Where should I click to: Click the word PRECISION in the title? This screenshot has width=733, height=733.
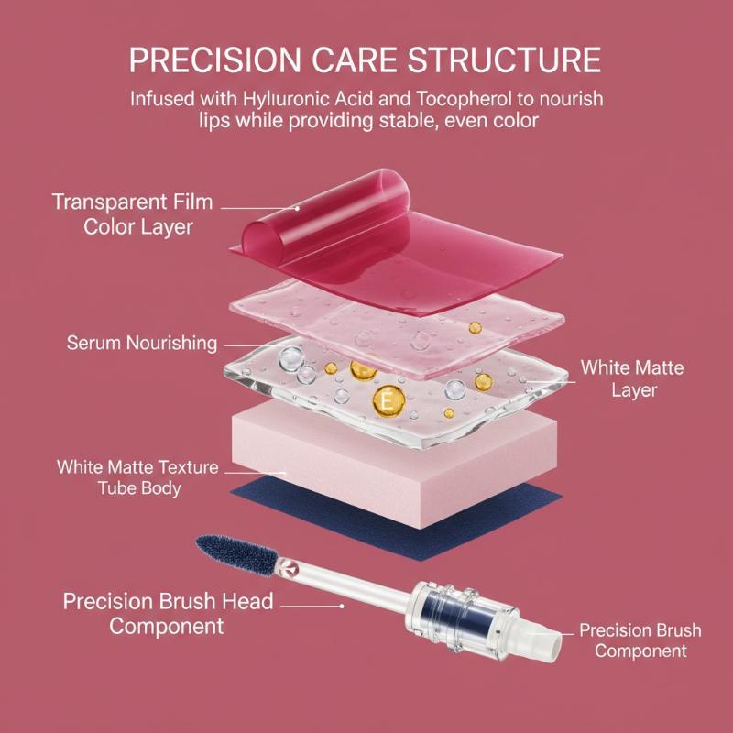(215, 60)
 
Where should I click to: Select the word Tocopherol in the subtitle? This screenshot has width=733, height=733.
(475, 100)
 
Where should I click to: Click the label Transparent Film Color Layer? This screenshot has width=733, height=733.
(132, 214)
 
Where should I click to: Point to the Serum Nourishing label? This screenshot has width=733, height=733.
(142, 343)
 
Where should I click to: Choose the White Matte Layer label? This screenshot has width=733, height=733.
(632, 378)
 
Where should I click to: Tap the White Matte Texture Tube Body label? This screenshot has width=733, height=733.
(138, 477)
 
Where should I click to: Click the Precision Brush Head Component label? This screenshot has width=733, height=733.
(168, 613)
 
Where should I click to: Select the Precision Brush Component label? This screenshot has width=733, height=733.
(640, 640)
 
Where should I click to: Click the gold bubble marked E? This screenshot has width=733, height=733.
(388, 401)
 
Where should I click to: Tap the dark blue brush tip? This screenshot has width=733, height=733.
(237, 555)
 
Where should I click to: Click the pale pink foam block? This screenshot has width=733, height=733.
(394, 467)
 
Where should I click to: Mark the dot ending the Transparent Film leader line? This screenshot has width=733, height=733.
(297, 209)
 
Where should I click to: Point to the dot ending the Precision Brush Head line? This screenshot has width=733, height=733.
(342, 606)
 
